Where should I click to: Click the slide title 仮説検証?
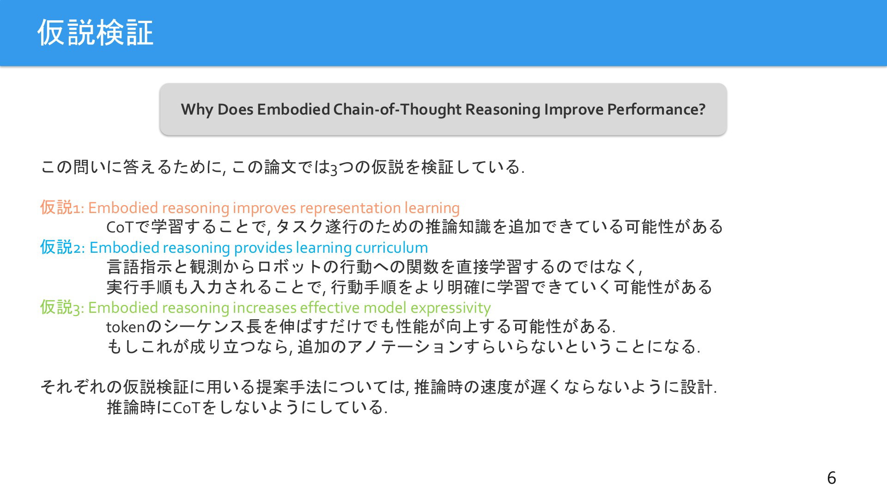coord(95,33)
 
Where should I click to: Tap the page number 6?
coord(832,478)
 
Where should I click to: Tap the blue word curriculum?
coord(392,248)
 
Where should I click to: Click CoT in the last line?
coord(186,408)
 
